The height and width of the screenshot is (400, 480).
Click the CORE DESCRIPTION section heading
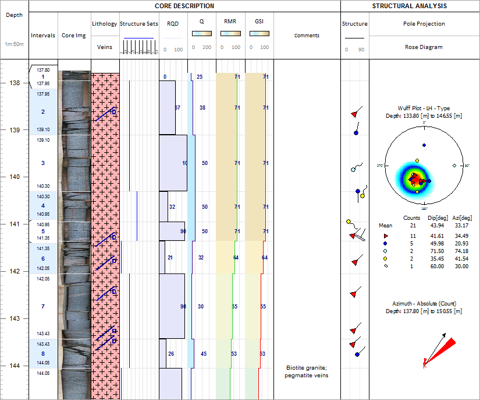click(184, 6)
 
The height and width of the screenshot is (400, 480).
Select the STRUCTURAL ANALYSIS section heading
click(410, 6)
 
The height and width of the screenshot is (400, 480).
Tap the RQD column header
click(173, 24)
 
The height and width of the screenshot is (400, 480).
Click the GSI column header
click(259, 22)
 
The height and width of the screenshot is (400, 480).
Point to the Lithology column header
click(105, 24)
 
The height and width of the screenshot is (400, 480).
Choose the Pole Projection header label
click(424, 24)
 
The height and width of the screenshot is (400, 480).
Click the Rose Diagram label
click(424, 47)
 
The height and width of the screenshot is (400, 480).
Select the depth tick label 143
click(14, 319)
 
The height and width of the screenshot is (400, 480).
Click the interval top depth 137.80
click(43, 70)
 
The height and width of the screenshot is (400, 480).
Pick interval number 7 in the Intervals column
click(43, 307)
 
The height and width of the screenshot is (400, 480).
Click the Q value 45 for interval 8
click(204, 354)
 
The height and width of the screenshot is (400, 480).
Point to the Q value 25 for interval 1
click(200, 77)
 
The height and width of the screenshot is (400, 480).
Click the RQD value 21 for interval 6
click(170, 258)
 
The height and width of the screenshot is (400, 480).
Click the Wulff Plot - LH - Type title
click(424, 108)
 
